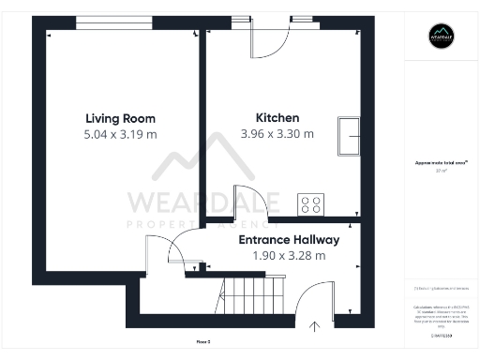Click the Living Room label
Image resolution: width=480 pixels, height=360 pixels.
point(120,118)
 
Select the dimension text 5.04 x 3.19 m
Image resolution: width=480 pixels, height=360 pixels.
point(120,134)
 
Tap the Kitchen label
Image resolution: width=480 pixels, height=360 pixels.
point(277,118)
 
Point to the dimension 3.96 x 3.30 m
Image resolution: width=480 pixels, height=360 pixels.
point(277,134)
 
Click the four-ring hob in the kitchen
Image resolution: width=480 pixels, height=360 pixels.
point(310,204)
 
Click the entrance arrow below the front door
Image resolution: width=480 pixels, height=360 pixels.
point(314,325)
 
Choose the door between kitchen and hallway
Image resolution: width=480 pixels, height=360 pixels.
point(246,206)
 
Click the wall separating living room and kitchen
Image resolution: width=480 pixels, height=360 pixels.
point(202,141)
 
